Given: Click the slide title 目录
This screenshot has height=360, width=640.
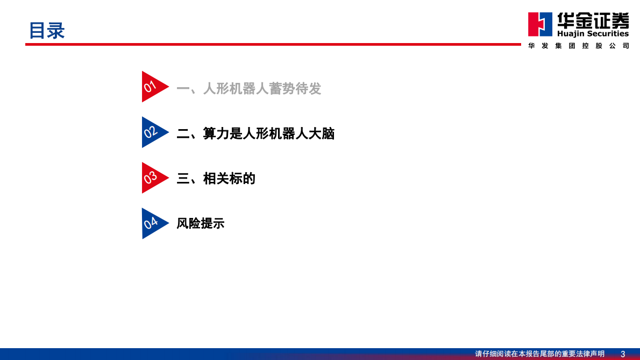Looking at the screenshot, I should (47, 31).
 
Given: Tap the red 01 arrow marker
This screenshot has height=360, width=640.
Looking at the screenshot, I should (153, 87).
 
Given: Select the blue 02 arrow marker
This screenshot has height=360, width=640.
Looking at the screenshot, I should (153, 132).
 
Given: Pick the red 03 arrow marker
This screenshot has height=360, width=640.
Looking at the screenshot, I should (153, 178).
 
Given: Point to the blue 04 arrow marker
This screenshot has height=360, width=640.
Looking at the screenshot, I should (153, 223).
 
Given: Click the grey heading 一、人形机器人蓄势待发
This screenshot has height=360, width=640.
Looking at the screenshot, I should (248, 89).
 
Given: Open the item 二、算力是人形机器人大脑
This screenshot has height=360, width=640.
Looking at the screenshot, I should (255, 133).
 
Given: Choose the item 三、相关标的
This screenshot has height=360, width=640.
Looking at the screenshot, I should (216, 178).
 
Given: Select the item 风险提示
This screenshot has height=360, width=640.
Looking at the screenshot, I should (200, 223).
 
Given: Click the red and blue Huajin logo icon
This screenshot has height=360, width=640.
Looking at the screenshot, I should (540, 24).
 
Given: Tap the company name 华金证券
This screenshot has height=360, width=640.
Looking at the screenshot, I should (593, 20).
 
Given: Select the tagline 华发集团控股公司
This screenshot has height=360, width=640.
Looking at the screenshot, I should (579, 46).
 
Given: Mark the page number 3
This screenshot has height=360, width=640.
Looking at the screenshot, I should (623, 354).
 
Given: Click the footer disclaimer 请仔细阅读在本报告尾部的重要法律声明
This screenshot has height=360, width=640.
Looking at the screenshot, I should (539, 354).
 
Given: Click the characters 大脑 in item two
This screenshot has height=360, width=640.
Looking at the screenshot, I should (322, 133).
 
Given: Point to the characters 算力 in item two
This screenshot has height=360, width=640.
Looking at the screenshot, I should (216, 133).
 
